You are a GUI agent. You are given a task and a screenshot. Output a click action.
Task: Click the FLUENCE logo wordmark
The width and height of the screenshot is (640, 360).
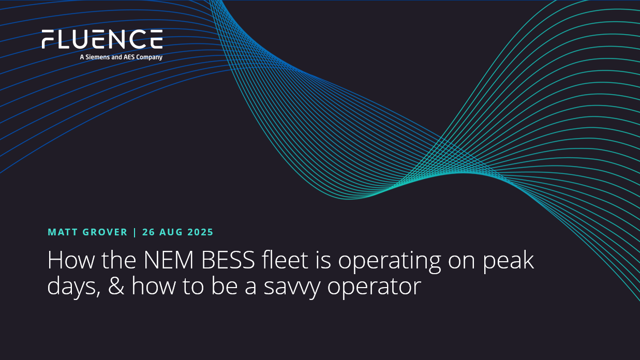102,39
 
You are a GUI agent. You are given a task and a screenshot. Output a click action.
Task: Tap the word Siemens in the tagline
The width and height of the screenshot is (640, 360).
98,57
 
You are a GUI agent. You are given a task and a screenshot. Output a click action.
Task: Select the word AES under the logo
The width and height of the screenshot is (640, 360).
129,57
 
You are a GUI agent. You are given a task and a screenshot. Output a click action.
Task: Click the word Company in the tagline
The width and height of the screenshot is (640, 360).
150,57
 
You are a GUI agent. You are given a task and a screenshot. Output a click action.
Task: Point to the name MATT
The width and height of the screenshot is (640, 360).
63,232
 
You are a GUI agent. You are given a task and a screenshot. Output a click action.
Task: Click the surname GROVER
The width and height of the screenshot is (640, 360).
105,232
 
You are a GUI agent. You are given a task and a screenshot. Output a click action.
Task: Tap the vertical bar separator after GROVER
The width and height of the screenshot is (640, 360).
135,232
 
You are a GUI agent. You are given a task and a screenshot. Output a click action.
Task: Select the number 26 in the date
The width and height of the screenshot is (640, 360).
148,232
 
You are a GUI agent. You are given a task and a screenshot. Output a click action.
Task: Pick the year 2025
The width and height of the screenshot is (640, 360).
200,232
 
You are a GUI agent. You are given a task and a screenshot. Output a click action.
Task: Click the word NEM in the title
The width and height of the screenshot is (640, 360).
169,260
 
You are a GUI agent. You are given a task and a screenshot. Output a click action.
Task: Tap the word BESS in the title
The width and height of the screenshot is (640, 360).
228,260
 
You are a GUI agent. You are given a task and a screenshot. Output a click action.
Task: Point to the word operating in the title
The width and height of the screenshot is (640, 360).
390,262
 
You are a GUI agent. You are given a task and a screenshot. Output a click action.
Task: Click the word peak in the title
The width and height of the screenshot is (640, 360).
508,261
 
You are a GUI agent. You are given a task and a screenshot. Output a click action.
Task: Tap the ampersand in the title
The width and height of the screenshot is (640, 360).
116,286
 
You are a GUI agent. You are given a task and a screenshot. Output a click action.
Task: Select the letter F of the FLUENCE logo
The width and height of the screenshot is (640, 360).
48,39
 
